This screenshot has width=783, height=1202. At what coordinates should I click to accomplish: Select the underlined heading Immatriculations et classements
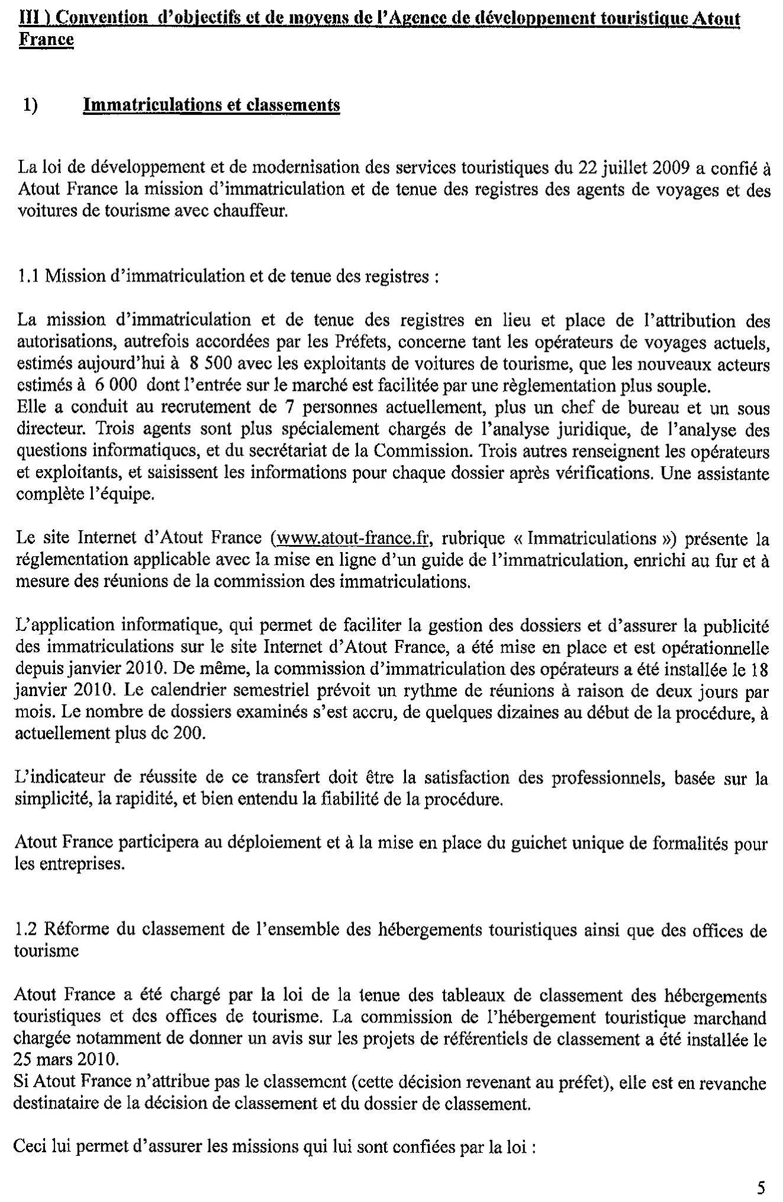point(212,105)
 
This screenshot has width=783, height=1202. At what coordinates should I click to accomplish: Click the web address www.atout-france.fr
point(350,538)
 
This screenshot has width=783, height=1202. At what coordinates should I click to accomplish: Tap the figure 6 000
point(116,386)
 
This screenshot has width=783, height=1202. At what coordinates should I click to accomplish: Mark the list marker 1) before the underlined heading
point(30,105)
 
